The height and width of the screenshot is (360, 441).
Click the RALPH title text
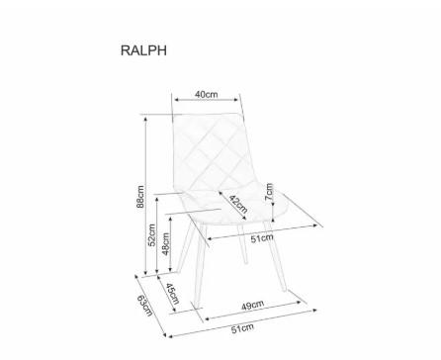(143, 50)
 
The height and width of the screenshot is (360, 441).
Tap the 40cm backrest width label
(207, 94)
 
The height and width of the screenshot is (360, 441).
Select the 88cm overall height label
(140, 197)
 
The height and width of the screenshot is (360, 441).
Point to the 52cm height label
(151, 235)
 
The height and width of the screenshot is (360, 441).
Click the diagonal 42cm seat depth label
(238, 205)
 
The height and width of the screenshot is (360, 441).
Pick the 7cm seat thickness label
(269, 192)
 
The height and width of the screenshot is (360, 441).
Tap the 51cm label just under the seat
(262, 238)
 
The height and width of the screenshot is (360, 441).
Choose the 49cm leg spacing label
(252, 306)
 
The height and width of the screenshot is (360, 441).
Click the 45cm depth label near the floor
(172, 294)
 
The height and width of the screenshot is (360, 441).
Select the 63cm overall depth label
(145, 306)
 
